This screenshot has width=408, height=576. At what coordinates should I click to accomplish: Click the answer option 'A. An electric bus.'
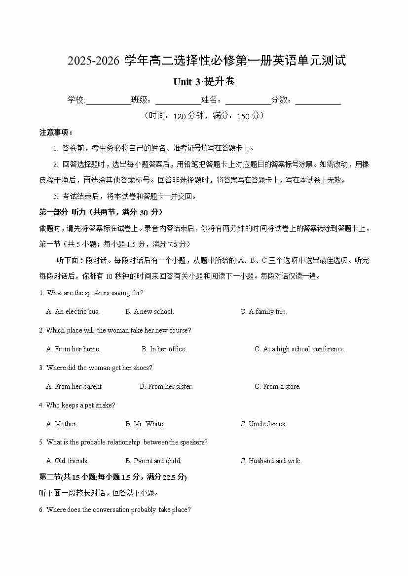(x=73, y=311)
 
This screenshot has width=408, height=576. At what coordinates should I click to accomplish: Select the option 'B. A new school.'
(x=149, y=311)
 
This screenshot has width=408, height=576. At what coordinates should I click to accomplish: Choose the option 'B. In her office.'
(x=164, y=349)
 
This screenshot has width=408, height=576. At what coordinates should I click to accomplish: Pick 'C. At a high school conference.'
(x=299, y=349)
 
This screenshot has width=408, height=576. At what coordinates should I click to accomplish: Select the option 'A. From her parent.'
(x=74, y=386)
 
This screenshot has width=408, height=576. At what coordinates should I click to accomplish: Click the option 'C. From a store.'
(x=277, y=386)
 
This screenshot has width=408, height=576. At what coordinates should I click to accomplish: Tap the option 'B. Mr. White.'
(x=145, y=424)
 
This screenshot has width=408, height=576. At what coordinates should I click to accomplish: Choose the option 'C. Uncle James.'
(x=263, y=424)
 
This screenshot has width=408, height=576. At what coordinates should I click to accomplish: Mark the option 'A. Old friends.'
(x=67, y=461)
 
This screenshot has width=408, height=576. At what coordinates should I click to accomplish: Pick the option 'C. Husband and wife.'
(x=271, y=461)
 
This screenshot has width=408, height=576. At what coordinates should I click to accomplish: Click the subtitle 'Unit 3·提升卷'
(x=204, y=82)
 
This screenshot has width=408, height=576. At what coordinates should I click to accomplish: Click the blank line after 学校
(x=108, y=101)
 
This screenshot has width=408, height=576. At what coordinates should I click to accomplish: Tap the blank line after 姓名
(x=248, y=101)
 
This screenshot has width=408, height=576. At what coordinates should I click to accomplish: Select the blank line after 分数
(x=318, y=101)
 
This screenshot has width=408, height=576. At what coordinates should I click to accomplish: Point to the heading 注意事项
(x=56, y=133)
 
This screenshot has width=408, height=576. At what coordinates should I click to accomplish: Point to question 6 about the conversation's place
(x=114, y=509)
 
